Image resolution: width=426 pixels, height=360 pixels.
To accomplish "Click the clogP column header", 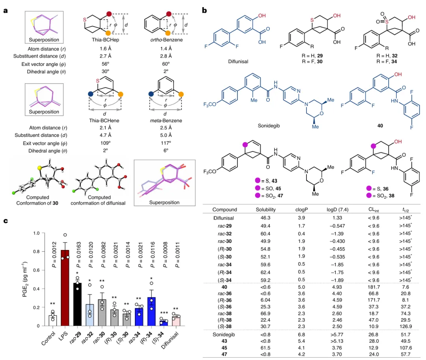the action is coord(303,209).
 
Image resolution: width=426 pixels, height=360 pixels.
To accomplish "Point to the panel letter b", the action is coord(205,10).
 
